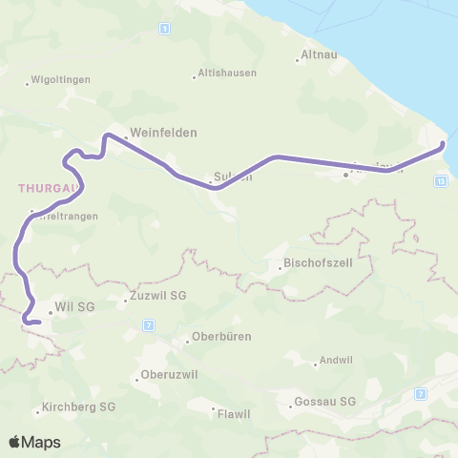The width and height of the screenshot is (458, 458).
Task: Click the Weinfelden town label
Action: [x=163, y=133]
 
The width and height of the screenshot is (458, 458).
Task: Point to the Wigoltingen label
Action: [x=61, y=79]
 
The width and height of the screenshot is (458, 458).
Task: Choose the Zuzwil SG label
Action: [x=158, y=297]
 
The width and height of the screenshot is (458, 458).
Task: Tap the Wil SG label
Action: [x=75, y=307]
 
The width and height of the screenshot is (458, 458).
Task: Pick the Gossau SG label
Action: [x=325, y=401]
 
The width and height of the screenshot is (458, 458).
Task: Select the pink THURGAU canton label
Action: [x=43, y=188]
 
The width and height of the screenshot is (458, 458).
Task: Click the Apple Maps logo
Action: [x=35, y=442]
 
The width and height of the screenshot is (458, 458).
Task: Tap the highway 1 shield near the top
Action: [x=165, y=30]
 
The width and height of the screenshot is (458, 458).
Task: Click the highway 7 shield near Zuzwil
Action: [x=150, y=325]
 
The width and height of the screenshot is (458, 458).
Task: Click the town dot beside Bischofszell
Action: [x=280, y=267]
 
